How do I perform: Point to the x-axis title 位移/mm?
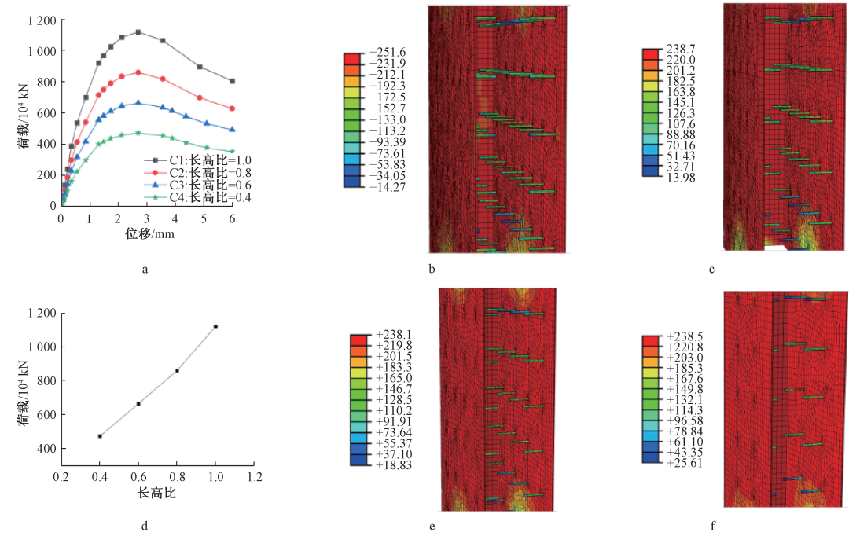point(146,234)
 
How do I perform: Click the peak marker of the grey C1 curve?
point(138,32)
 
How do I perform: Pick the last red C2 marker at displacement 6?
point(232,108)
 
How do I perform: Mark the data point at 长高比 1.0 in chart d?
point(215,326)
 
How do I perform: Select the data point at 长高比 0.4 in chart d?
point(100,436)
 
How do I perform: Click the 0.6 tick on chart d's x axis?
point(138,477)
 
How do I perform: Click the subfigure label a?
point(145,270)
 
